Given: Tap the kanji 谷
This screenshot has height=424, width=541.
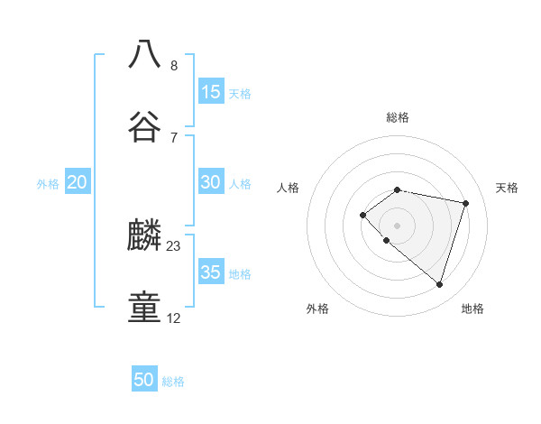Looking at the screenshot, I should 144,126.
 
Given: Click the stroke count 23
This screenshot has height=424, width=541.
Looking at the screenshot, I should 174,245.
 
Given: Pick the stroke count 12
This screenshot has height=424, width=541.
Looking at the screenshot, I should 174,318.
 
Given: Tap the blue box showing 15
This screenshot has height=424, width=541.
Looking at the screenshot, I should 210,91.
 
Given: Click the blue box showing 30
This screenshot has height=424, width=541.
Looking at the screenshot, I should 210,182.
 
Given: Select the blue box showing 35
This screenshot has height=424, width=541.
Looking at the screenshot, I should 210,272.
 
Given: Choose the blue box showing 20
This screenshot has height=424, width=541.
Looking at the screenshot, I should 78,182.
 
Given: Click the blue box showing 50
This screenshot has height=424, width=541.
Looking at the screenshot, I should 144,380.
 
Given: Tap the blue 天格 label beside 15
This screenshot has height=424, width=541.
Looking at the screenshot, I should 240,93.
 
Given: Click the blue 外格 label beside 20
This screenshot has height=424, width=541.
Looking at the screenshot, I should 48,184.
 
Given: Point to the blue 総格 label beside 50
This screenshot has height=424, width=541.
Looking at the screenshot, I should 173,382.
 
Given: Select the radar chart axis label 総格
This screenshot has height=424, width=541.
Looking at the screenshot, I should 398,117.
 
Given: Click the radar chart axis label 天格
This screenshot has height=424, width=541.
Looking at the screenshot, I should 507,188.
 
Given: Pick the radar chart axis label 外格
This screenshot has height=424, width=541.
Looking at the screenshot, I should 317,309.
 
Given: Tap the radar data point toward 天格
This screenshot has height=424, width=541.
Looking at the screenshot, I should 465,203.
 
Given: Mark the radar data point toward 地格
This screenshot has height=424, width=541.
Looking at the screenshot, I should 439,284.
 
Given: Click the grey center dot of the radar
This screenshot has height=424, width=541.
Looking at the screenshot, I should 398,225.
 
